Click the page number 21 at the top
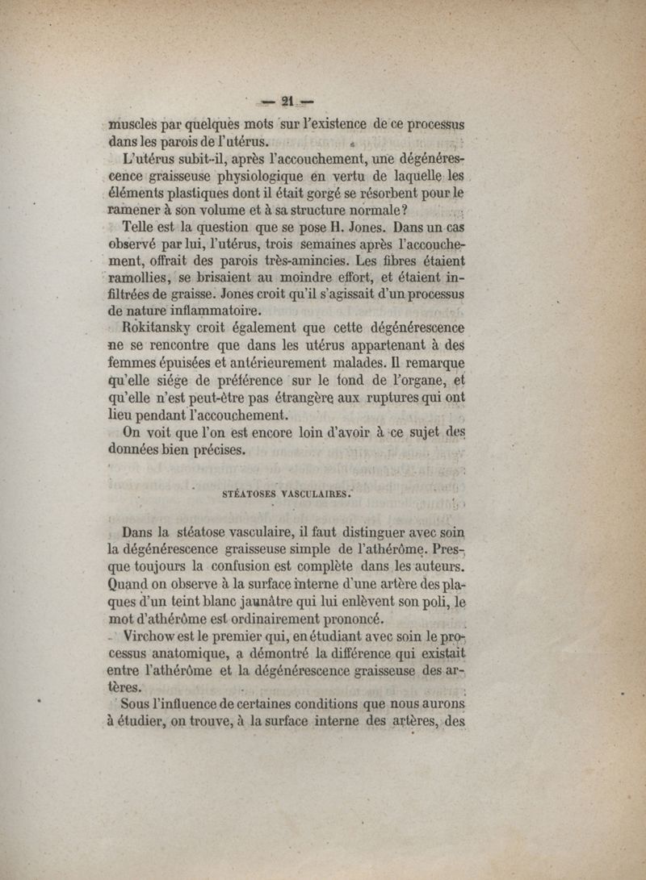point(287,102)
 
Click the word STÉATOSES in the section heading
point(249,494)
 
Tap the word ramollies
point(140,277)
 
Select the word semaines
point(333,244)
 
